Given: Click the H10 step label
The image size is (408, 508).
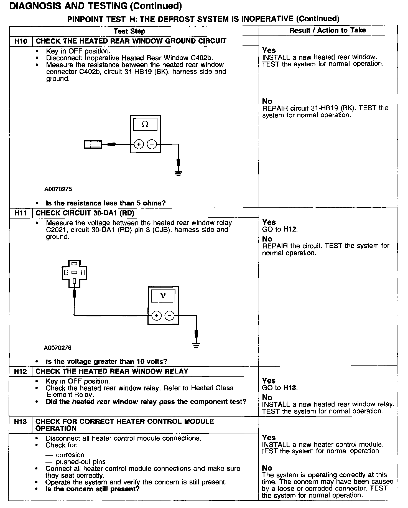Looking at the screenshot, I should (21, 41).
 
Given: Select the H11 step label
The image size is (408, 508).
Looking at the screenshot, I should (21, 213).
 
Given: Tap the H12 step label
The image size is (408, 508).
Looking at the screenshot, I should (21, 371).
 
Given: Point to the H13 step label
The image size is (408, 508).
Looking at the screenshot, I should (21, 421).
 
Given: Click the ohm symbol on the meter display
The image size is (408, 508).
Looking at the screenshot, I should (145, 125).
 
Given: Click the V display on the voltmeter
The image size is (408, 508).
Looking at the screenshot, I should (163, 296).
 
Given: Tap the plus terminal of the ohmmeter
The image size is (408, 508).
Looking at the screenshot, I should (139, 144).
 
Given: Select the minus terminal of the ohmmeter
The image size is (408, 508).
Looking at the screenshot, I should (152, 144).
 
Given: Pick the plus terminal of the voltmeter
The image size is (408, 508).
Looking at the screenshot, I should (157, 316).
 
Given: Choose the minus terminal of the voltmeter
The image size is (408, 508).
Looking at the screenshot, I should (170, 316).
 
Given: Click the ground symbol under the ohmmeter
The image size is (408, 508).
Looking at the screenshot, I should (178, 174).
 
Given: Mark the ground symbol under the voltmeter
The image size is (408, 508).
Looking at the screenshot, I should (196, 345).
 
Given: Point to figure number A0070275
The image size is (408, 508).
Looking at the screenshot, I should (58, 189).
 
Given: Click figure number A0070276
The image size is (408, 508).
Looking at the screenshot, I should (58, 348).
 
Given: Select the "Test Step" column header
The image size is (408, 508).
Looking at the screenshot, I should (129, 31).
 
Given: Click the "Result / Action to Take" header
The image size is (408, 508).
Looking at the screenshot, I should (327, 30).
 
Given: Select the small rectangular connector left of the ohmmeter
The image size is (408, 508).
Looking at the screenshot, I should (93, 144).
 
